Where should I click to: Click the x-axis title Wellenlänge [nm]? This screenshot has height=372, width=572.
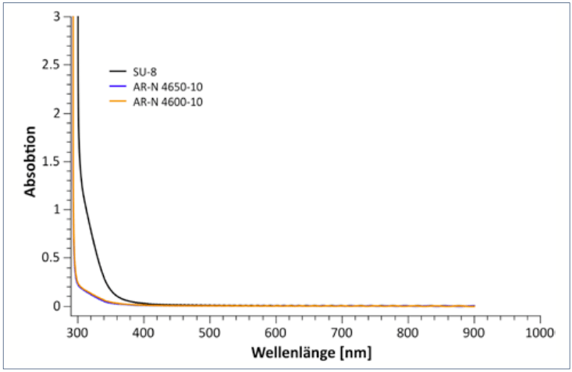pos(311,353)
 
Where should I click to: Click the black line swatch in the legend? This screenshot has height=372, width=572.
pos(117,73)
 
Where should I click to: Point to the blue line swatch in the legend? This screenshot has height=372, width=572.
pos(117,87)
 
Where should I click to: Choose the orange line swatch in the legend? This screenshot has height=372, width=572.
pos(117,102)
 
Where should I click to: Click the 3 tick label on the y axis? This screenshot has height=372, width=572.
pos(57,16)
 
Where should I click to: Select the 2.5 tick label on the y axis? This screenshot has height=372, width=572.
pos(52,65)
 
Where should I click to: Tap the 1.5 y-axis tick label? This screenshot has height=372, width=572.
pos(52,161)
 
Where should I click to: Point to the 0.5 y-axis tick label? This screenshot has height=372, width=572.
pos(52,257)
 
